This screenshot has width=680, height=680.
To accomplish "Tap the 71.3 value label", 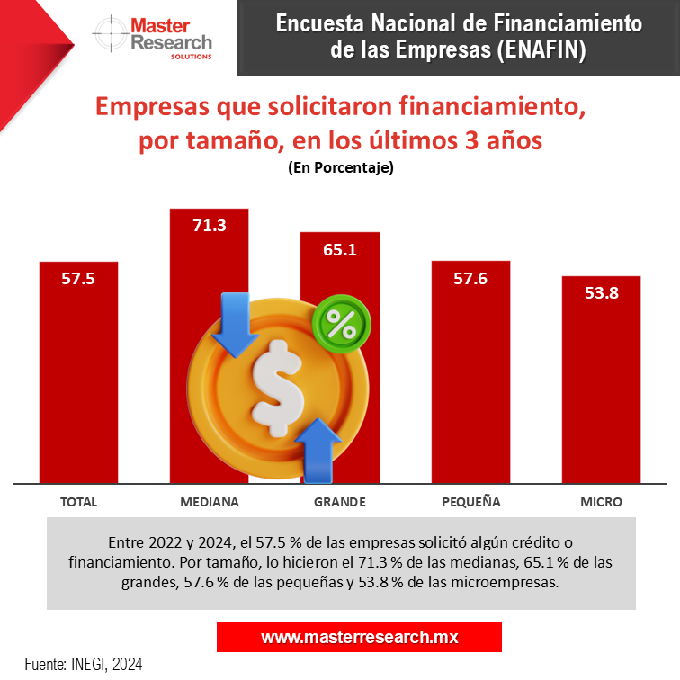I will (209, 225).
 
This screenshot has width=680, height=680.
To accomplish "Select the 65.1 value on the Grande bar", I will (340, 249).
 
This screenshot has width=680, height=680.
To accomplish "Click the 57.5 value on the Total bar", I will (78, 278).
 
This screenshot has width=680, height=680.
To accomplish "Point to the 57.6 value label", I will (470, 278).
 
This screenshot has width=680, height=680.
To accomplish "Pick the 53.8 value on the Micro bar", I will (601, 292).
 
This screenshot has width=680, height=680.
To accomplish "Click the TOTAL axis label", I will (78, 502).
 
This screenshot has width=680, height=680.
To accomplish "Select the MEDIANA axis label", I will (209, 502).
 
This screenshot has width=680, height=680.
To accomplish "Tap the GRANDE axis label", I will (339, 502).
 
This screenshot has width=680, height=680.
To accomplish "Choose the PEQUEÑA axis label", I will (471, 502).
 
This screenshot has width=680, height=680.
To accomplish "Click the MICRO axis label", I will (601, 502).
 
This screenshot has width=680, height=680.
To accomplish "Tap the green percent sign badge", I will (341, 324).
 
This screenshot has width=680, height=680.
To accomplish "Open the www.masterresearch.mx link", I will (359, 637).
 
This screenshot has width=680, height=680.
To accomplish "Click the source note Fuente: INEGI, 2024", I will (84, 664).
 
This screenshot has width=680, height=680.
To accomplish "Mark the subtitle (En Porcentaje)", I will (340, 168).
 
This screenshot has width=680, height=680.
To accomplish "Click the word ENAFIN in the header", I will (540, 49).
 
